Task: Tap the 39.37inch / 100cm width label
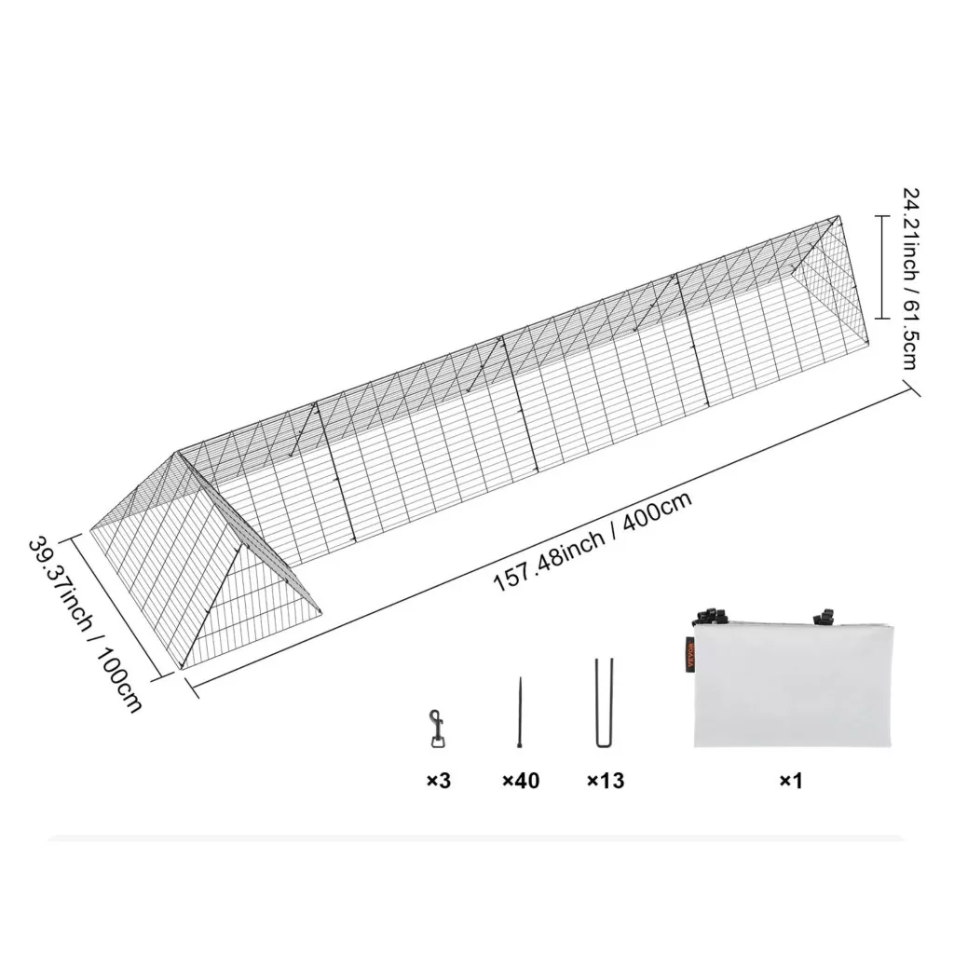[85, 624]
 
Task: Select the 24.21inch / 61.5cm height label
[911, 278]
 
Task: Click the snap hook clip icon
[436, 728]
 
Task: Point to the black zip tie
[520, 712]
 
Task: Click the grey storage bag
[793, 685]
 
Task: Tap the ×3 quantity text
[438, 781]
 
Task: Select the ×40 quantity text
[521, 781]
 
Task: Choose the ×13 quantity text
[606, 781]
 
